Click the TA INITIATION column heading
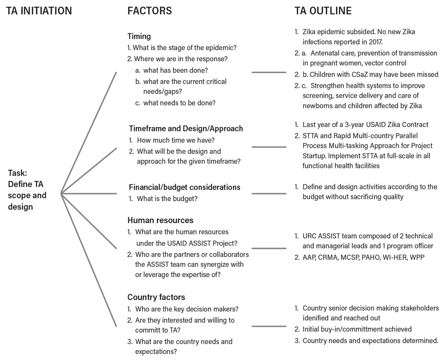point(39,11)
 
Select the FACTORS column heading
point(150,11)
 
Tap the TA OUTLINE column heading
point(323,11)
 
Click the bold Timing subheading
point(139,36)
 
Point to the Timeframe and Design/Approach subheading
point(186,128)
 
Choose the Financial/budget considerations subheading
point(185,187)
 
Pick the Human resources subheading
point(160,220)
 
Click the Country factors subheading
point(156,297)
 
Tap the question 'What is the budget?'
point(167,199)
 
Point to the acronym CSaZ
point(343,74)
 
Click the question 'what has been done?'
point(176,70)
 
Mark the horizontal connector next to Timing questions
point(269,72)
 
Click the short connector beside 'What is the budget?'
point(269,194)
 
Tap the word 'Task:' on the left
point(17,173)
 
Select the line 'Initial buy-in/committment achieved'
point(357,329)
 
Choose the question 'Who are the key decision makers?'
point(187,309)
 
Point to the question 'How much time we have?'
point(176,140)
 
